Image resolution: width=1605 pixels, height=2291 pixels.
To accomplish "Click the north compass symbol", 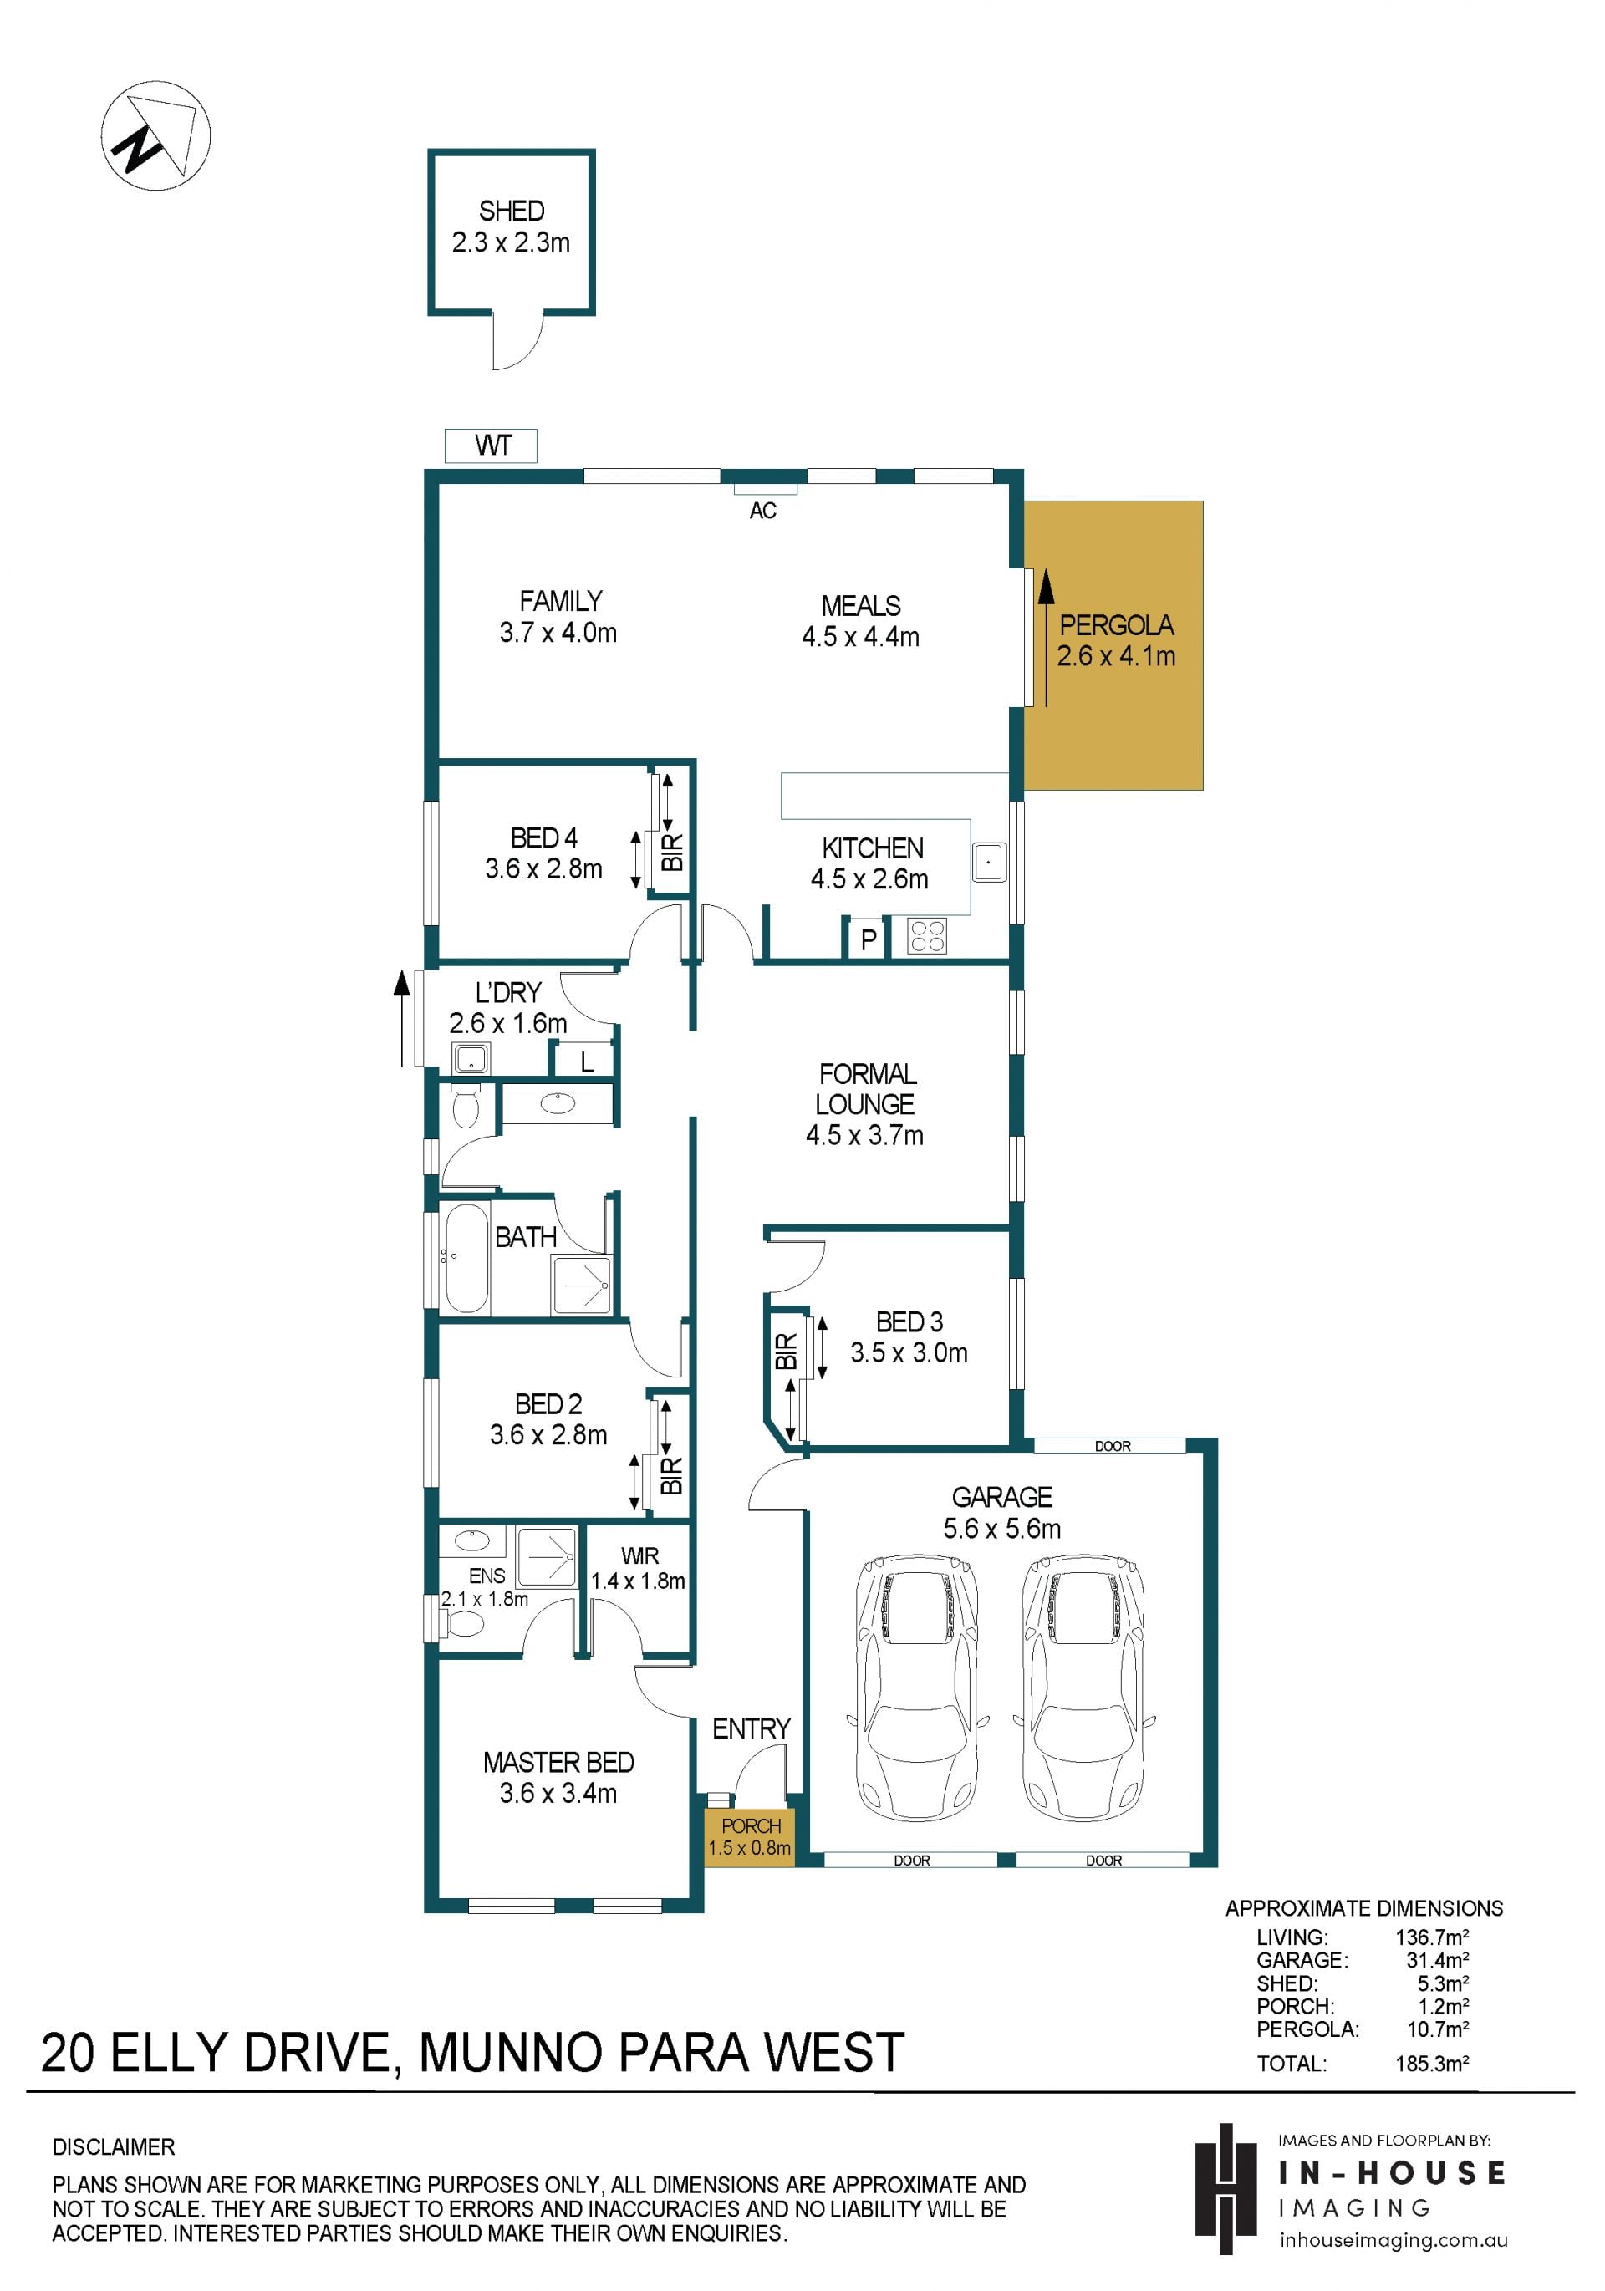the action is click(155, 135).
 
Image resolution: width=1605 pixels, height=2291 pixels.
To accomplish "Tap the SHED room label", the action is click(511, 211).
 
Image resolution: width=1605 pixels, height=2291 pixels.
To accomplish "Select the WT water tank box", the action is click(491, 445).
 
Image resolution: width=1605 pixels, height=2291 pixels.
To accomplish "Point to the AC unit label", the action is click(762, 511).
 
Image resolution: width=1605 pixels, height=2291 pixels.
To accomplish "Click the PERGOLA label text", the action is click(1116, 626).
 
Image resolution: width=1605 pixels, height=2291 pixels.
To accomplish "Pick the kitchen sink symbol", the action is click(989, 861).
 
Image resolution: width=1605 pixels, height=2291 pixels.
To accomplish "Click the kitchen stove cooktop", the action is click(927, 936).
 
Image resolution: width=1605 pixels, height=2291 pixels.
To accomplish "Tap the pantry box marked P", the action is click(868, 939).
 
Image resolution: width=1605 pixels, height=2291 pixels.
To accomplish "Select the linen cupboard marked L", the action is click(586, 1061).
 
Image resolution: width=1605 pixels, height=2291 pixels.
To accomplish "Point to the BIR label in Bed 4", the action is click(673, 853).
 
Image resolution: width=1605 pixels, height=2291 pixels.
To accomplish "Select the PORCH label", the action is click(751, 1826).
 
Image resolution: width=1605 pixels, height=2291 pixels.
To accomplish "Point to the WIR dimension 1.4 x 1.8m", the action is click(638, 1581).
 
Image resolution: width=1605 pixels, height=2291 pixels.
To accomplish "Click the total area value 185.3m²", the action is click(1431, 2064).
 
